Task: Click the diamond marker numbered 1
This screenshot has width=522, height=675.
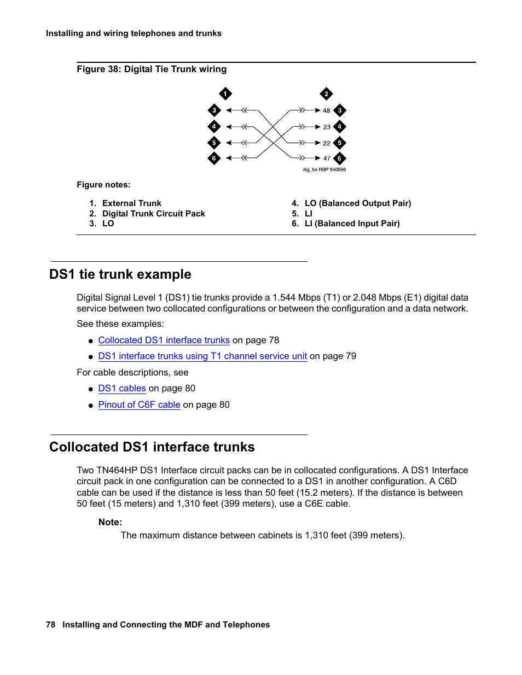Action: (x=225, y=93)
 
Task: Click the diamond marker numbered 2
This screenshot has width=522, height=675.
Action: (x=326, y=93)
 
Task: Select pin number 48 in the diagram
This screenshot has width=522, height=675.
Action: (x=326, y=110)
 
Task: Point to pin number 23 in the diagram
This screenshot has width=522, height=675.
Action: (x=326, y=127)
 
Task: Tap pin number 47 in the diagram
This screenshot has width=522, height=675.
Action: (x=326, y=159)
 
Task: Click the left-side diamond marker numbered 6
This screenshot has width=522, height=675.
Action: (x=214, y=159)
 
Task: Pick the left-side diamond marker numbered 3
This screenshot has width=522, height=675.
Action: (x=214, y=110)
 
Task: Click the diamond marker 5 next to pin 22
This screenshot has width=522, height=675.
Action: (x=340, y=143)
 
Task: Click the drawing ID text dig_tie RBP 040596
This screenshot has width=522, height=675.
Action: (x=324, y=169)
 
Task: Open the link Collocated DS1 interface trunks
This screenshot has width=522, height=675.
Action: (x=164, y=340)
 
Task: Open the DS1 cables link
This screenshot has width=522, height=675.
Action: (x=122, y=388)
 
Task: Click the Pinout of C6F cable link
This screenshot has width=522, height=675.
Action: (x=139, y=404)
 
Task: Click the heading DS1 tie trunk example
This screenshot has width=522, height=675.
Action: (x=120, y=274)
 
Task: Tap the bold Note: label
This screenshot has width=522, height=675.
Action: (x=110, y=522)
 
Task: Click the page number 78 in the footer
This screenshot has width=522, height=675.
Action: (x=50, y=624)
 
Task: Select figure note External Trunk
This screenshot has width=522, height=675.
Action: (x=131, y=203)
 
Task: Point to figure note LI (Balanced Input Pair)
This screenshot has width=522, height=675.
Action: (x=352, y=224)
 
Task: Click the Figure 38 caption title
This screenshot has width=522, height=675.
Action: (x=152, y=69)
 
